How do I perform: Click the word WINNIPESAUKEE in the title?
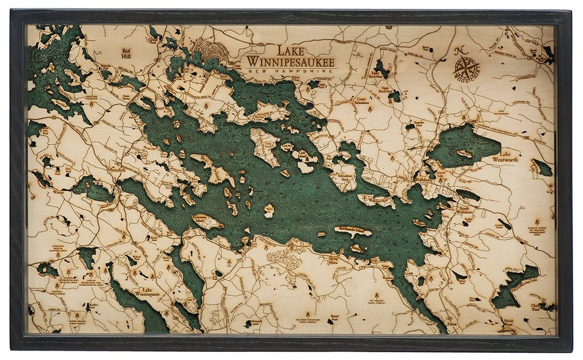(290, 60)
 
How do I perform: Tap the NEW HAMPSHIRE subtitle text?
(290, 71)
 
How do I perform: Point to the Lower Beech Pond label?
(376, 74)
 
